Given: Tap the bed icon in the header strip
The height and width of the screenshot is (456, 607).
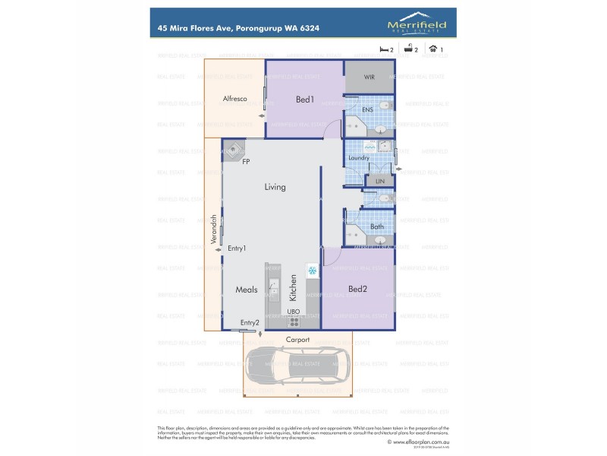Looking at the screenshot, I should [383, 49].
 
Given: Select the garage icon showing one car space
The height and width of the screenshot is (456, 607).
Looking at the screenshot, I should [433, 49].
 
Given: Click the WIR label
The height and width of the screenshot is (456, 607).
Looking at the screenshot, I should [369, 78].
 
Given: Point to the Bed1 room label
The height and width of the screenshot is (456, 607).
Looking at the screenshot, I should [304, 100].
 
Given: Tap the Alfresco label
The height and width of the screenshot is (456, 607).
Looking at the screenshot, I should [234, 99].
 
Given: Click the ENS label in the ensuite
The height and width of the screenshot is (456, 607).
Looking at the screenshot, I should [367, 110].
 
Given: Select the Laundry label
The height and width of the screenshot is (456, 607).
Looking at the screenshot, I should [358, 158].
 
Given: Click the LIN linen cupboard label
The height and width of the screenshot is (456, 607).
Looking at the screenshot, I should [379, 181].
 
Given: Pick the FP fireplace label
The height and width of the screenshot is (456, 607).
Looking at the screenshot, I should [246, 162].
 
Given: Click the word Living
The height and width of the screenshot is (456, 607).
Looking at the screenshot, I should [275, 187].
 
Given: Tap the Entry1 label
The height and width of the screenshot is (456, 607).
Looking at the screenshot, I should [237, 248].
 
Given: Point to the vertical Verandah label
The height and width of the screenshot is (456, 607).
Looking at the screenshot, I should [214, 230].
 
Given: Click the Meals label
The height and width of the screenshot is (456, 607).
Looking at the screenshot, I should [246, 290].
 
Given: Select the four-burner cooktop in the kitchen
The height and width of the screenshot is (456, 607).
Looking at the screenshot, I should [294, 321].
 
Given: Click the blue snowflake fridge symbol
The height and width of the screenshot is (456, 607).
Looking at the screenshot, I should [311, 271].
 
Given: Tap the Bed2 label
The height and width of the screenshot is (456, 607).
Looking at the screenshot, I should [357, 289].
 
